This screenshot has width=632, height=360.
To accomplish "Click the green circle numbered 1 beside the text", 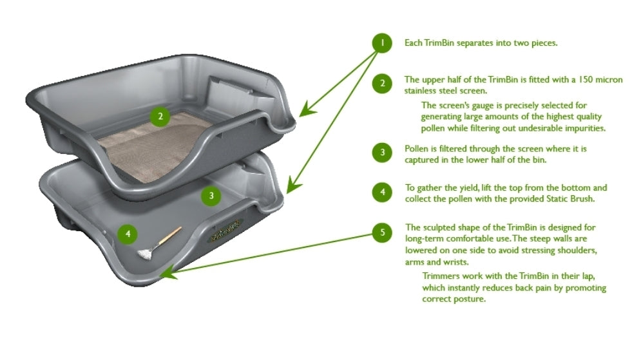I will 382,43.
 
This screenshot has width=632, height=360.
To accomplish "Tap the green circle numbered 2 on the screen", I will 160,117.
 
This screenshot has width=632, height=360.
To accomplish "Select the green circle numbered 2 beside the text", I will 382,82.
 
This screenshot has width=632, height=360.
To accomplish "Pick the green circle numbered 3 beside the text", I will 382,152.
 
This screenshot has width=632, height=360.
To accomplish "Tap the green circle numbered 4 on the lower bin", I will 128,234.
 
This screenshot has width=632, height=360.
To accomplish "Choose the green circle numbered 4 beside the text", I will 382,192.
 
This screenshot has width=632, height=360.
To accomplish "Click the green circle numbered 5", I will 382,232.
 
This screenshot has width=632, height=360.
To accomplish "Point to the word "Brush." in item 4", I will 579,199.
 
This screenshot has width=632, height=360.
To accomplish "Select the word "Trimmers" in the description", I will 440,276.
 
